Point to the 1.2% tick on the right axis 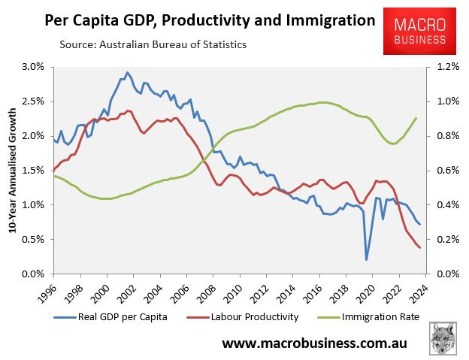(442, 67)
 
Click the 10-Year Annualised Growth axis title (13, 170)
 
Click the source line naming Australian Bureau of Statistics (153, 44)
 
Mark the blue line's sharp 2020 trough (367, 260)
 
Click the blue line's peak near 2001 (127, 73)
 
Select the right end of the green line (416, 118)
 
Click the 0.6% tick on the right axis (442, 171)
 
